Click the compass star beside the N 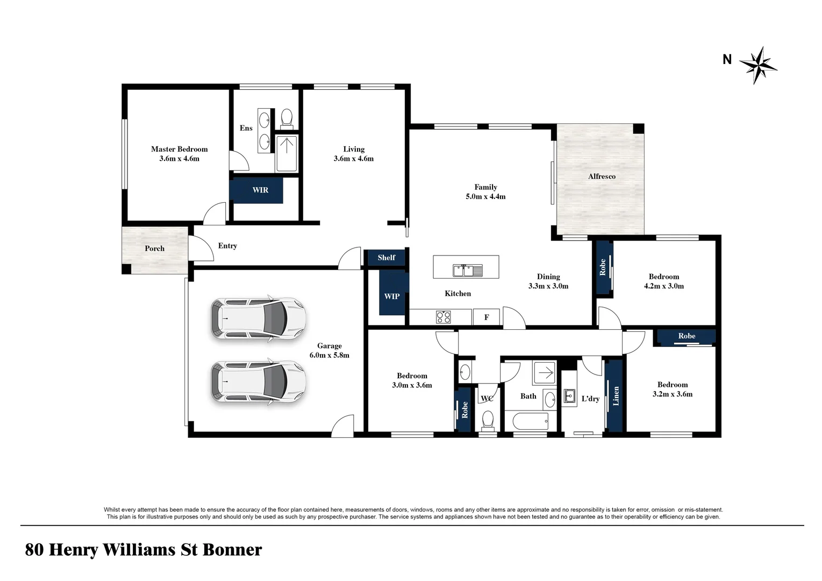point(758,65)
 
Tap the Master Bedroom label point(179,149)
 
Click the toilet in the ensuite point(287,117)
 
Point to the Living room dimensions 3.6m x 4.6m point(353,159)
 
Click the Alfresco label point(602,176)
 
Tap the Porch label point(154,249)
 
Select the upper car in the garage point(258,318)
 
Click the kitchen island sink point(467,270)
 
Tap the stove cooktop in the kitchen point(444,317)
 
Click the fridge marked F point(487,317)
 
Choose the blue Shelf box point(386,258)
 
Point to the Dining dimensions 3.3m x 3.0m point(548,286)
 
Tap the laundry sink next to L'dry point(569,396)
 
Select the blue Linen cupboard point(614,395)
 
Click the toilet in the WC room point(488,420)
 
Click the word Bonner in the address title point(232,550)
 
